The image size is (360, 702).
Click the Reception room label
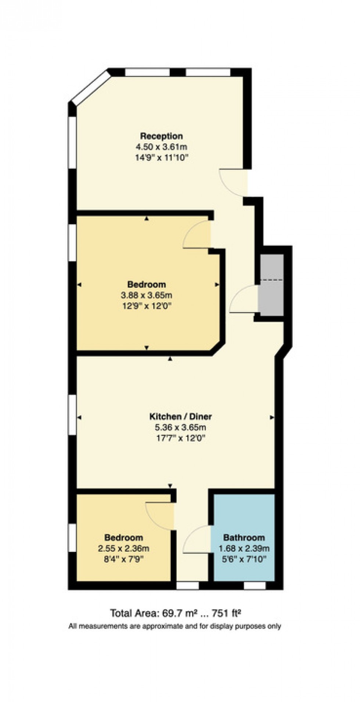[x=161, y=136]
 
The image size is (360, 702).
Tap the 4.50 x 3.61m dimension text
[x=161, y=147]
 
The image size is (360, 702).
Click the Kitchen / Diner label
[x=180, y=416]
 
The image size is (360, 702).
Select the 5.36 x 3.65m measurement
[x=180, y=427]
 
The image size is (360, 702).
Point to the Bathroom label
[x=244, y=538]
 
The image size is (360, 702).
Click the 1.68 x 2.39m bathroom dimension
[x=244, y=549]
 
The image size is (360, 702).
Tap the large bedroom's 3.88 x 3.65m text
[x=146, y=295]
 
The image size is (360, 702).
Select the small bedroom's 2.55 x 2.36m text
[x=123, y=549]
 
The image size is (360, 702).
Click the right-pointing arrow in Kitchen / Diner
[x=272, y=417]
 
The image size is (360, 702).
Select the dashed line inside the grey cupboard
[x=271, y=280]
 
